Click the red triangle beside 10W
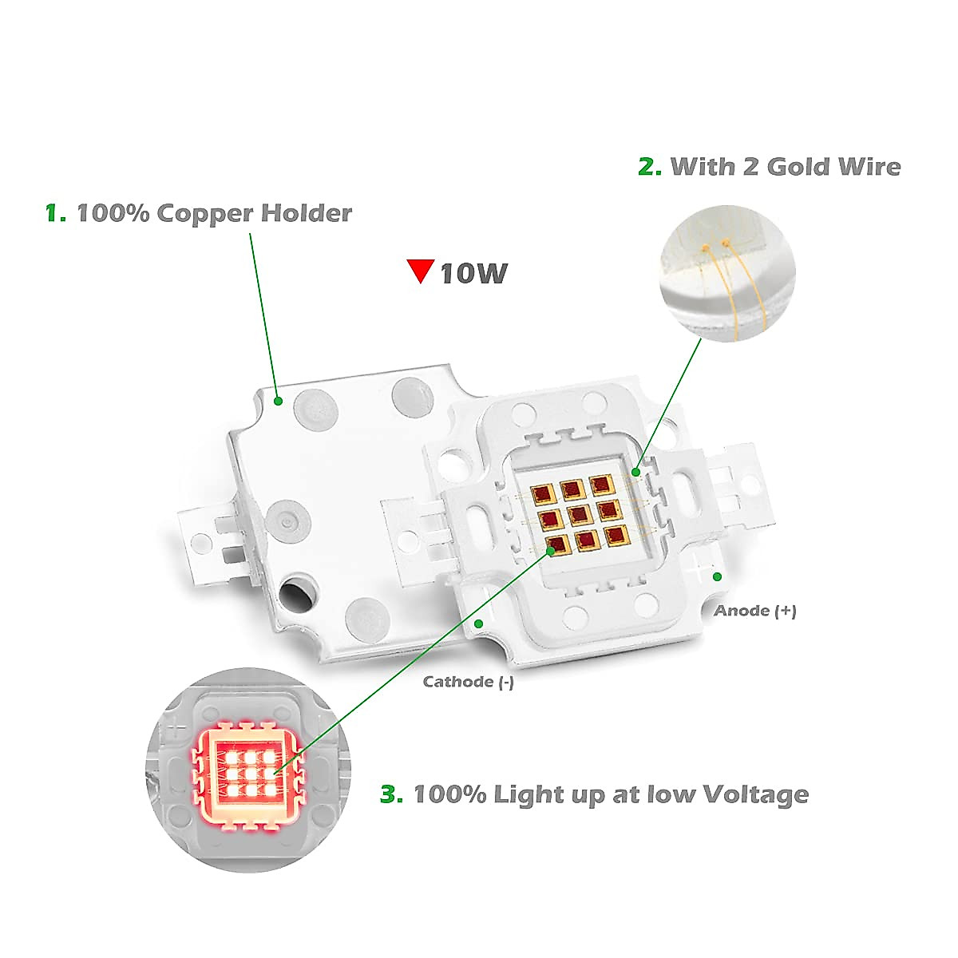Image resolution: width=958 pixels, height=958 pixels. pos(421,271)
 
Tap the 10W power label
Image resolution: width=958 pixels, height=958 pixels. pos(473,274)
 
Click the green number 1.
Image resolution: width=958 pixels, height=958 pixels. pos(55,214)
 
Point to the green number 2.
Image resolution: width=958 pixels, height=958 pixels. pos(650,167)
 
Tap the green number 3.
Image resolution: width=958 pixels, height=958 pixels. pos(391,795)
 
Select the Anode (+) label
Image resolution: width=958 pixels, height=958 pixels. pos(754,611)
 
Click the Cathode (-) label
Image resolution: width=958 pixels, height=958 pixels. pos(468,682)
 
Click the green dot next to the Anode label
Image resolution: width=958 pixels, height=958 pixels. pos(717,576)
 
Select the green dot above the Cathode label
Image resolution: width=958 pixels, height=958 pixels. pos(479,623)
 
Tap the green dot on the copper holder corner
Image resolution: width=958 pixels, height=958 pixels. pos(278,401)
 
